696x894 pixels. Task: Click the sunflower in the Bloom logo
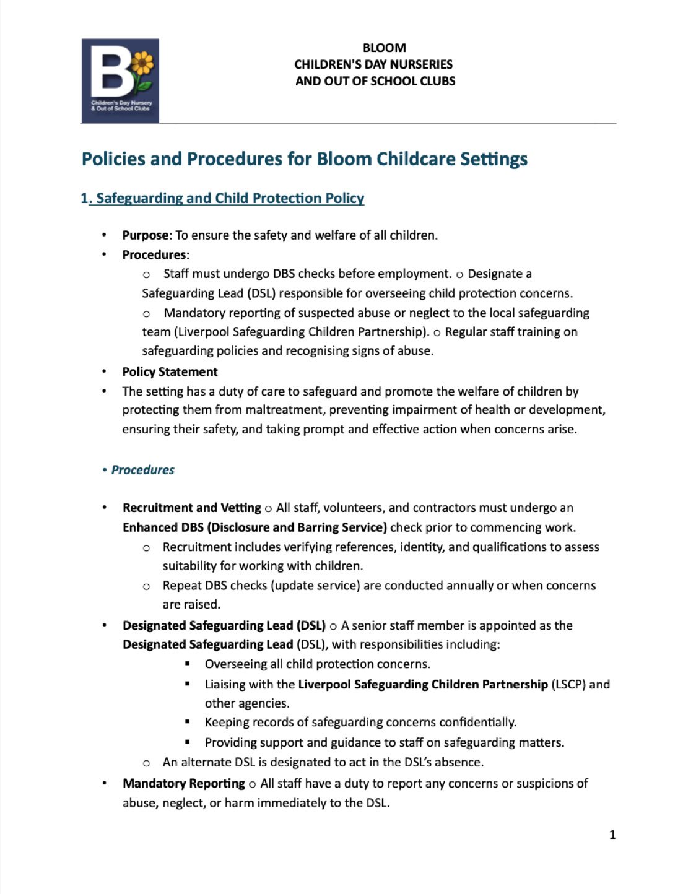point(142,64)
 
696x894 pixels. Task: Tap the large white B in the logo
point(111,74)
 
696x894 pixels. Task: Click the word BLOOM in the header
point(384,48)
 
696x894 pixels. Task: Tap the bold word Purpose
point(146,235)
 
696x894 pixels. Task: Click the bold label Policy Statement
point(170,372)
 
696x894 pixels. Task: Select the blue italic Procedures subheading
point(142,470)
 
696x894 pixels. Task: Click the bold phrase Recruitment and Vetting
point(192,508)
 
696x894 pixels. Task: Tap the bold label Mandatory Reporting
point(184,783)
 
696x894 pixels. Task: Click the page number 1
point(612,835)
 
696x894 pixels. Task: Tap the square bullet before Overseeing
point(188,664)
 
